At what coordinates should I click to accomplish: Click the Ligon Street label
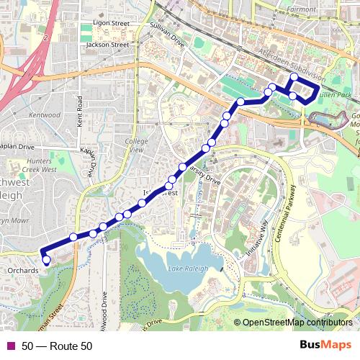point(109,24)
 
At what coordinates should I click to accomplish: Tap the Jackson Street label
point(107,45)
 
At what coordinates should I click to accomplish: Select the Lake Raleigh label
point(188,269)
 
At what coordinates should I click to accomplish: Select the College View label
point(137,146)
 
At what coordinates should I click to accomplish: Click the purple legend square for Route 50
point(10,346)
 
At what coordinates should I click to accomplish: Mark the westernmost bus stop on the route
point(45,259)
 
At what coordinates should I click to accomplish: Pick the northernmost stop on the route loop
point(293,77)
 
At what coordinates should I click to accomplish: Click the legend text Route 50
point(57,346)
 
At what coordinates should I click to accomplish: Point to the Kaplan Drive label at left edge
point(16,145)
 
